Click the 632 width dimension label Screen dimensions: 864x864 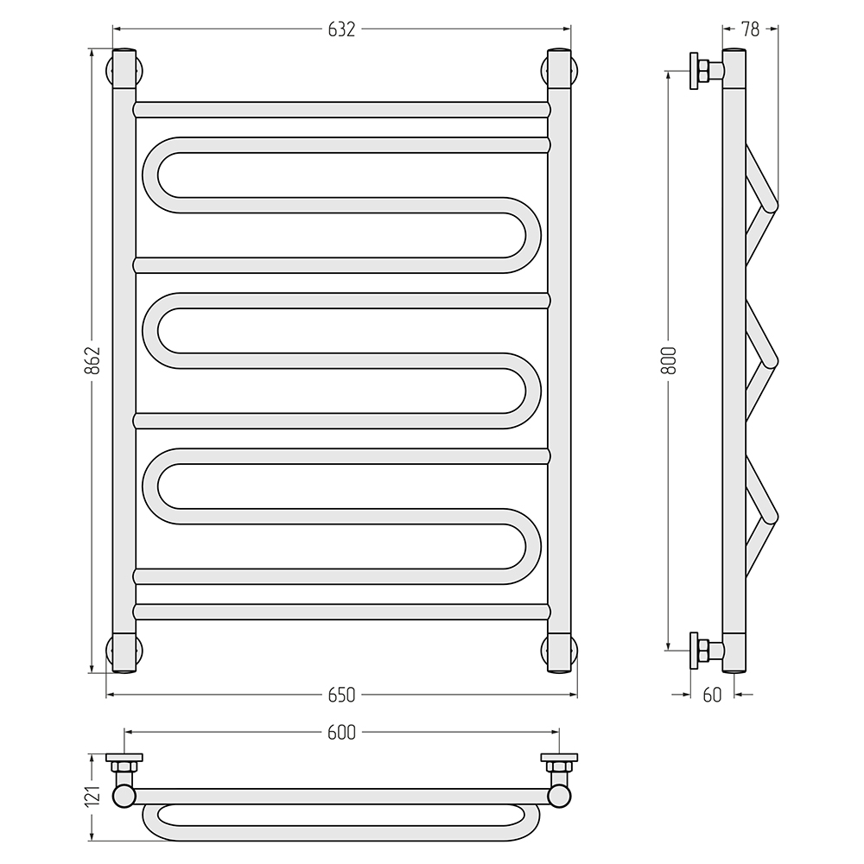(x=341, y=29)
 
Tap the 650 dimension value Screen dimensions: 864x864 (x=341, y=695)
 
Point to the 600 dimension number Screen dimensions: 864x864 (x=341, y=732)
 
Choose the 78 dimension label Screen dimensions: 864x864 (x=750, y=29)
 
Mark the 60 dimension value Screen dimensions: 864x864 (x=712, y=695)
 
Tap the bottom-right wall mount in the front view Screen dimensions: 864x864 (x=559, y=653)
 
